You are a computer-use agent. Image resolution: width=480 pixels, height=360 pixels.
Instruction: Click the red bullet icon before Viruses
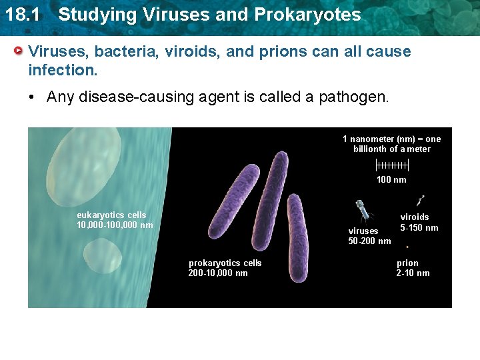click(20, 51)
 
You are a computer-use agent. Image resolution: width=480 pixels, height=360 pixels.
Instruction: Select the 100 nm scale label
click(391, 179)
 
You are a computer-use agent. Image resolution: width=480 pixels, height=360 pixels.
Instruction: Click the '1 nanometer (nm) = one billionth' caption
click(391, 143)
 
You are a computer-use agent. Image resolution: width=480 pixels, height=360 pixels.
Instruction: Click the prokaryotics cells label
click(225, 268)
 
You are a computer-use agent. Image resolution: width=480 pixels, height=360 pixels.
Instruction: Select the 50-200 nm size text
click(369, 241)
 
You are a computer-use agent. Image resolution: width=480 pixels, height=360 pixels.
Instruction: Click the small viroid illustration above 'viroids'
click(421, 199)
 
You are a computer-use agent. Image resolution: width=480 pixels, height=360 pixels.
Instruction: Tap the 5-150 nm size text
click(419, 228)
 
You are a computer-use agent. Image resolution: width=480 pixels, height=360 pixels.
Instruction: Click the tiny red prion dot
click(407, 246)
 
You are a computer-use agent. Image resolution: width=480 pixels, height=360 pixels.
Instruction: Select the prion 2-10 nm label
click(413, 268)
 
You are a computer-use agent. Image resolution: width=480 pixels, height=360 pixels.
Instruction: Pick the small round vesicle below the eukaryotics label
click(103, 256)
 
